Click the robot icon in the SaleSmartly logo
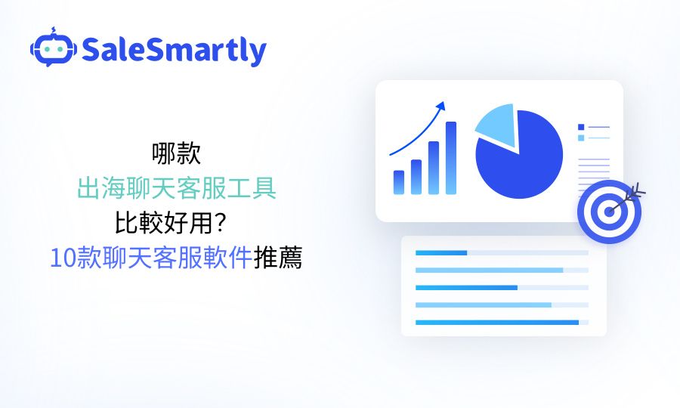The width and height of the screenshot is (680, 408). click(x=54, y=48)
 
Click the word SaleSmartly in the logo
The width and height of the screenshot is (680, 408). click(x=174, y=50)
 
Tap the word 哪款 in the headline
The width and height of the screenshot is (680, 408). click(x=177, y=153)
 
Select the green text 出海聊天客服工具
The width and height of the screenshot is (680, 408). click(x=177, y=189)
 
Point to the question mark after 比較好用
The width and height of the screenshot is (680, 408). click(x=221, y=222)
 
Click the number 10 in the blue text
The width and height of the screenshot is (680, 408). click(x=63, y=258)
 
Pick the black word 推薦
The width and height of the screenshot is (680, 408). click(x=277, y=258)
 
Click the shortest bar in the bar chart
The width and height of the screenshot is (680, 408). click(x=398, y=182)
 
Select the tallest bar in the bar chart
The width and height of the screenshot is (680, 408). click(x=451, y=158)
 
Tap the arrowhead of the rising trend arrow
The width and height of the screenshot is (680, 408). click(x=440, y=106)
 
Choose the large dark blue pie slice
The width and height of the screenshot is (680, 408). click(x=521, y=156)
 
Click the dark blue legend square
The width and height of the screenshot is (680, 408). click(x=581, y=127)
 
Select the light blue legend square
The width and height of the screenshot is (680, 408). click(x=581, y=138)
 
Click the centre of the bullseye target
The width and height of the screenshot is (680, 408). click(x=609, y=212)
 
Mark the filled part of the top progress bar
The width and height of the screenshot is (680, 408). click(x=441, y=253)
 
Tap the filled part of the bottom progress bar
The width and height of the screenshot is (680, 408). click(x=497, y=322)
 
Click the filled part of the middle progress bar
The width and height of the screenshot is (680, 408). click(x=466, y=287)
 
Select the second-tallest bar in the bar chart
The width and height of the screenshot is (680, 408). click(x=434, y=168)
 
